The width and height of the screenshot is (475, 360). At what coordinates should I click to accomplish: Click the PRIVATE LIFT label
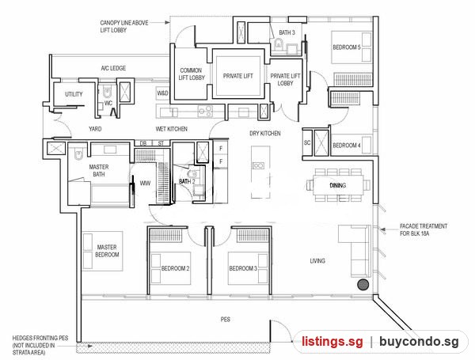(x=237, y=76)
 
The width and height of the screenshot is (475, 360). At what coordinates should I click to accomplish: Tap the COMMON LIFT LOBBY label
(x=192, y=74)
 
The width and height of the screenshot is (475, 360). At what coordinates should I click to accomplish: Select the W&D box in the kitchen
(x=162, y=93)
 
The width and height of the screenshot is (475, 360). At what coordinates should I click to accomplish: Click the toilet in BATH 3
(x=278, y=44)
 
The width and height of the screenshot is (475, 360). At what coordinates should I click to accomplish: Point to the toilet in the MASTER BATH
(x=78, y=154)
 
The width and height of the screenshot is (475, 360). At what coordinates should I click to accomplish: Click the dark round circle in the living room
(x=363, y=285)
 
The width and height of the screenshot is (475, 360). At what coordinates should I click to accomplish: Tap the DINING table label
(x=338, y=185)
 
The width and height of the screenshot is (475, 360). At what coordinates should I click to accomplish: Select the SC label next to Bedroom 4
(x=307, y=142)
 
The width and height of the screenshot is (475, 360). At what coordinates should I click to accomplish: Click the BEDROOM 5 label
(x=347, y=47)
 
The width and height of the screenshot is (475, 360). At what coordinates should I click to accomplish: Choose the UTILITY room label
(x=74, y=94)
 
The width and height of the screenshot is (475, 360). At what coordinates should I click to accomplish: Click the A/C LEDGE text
(x=113, y=68)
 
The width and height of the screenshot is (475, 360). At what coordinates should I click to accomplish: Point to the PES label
(x=226, y=319)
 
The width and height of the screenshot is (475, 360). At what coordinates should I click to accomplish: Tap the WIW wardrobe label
(x=145, y=184)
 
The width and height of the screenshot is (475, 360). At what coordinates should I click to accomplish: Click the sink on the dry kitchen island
(x=258, y=165)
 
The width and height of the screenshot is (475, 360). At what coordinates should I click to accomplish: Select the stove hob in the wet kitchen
(x=205, y=111)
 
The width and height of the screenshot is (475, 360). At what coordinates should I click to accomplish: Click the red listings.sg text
(x=332, y=342)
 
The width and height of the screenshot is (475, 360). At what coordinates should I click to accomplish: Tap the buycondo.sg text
(x=419, y=342)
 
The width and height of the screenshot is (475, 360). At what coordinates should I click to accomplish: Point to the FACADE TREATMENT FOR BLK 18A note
(x=424, y=229)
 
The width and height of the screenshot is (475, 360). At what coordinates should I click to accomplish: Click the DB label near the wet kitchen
(x=143, y=143)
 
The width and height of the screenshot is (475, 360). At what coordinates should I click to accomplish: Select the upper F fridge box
(x=221, y=149)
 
